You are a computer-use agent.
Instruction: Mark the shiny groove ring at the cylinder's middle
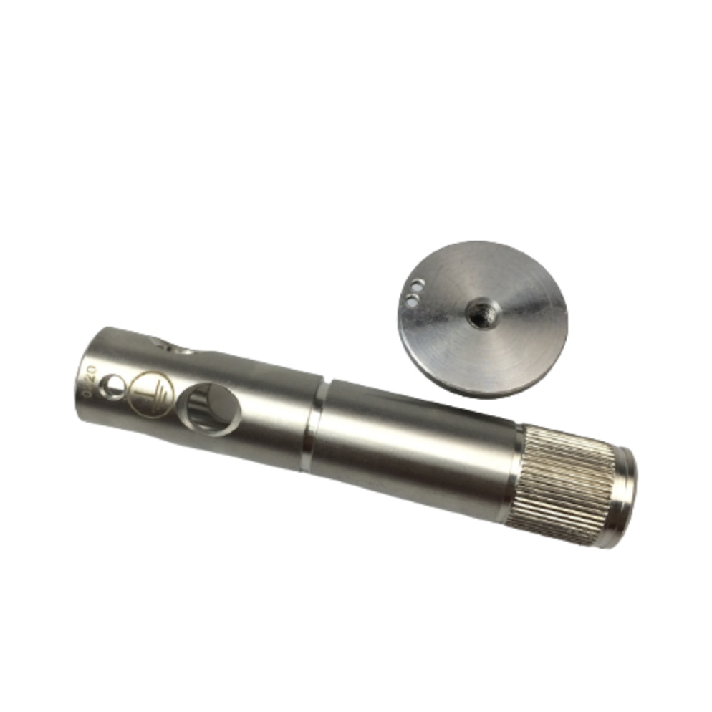[312, 425]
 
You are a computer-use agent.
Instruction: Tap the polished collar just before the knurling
[513, 468]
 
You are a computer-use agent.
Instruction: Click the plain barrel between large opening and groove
[276, 419]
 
